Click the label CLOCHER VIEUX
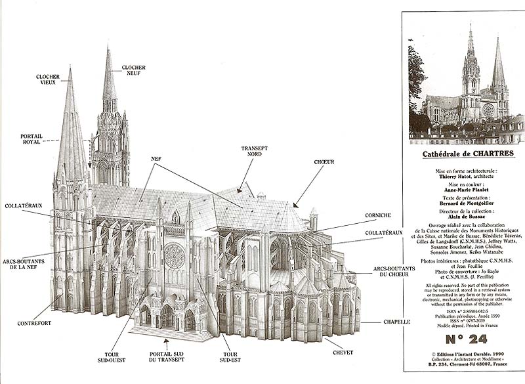pyautogui.click(x=47, y=80)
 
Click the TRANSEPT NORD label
pyautogui.click(x=254, y=152)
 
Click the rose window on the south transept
pyautogui.click(x=174, y=257)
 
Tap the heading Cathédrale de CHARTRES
pyautogui.click(x=466, y=154)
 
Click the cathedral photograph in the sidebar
pyautogui.click(x=466, y=82)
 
